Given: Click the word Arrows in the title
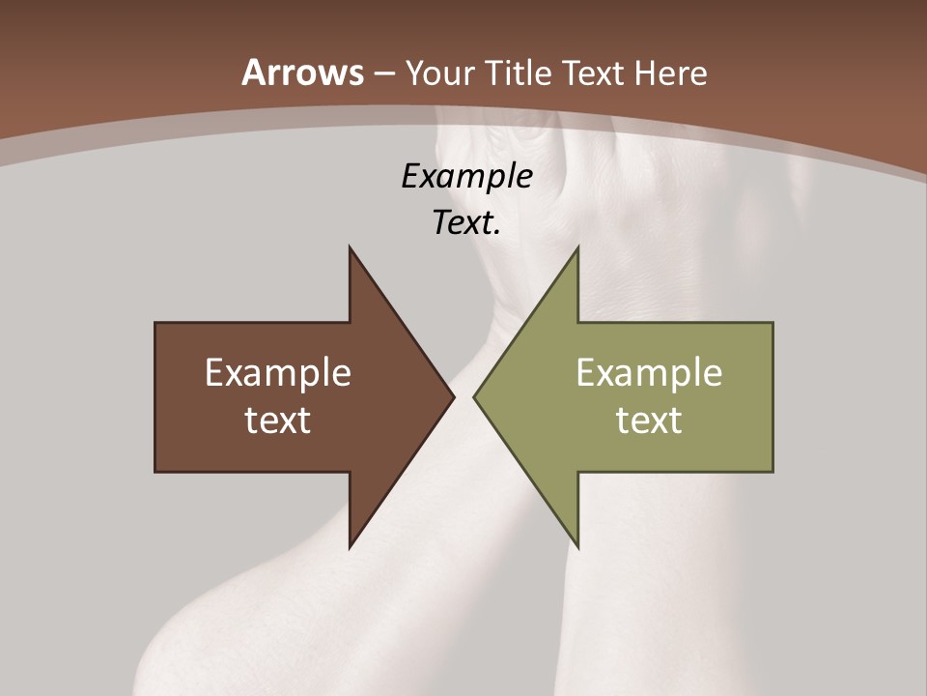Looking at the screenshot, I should (x=303, y=72).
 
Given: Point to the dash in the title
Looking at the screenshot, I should (x=383, y=73).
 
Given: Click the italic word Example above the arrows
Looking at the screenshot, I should (x=466, y=177).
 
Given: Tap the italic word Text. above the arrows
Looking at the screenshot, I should (x=466, y=223).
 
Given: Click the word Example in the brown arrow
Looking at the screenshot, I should (x=277, y=373).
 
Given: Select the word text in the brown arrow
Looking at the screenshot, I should (x=277, y=420).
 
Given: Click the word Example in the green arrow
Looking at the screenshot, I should (x=649, y=373).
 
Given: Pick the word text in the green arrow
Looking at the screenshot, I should (x=649, y=420).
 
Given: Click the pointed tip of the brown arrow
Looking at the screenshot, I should (x=454, y=396).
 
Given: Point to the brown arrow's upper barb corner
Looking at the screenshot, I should (x=350, y=247).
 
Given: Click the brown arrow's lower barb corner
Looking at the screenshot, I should (x=350, y=547).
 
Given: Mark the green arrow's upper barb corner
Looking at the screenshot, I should (x=577, y=247).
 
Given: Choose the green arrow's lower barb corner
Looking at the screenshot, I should (x=577, y=547).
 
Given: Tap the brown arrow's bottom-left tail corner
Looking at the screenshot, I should (x=155, y=472).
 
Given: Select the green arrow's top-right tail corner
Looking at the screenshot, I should (x=772, y=323).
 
